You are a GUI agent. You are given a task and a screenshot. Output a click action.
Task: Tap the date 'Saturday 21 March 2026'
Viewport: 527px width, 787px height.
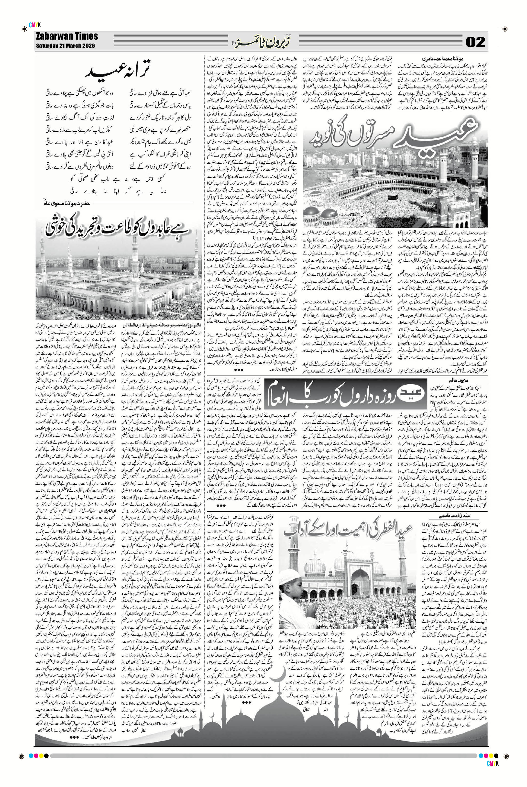coord(65,46)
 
